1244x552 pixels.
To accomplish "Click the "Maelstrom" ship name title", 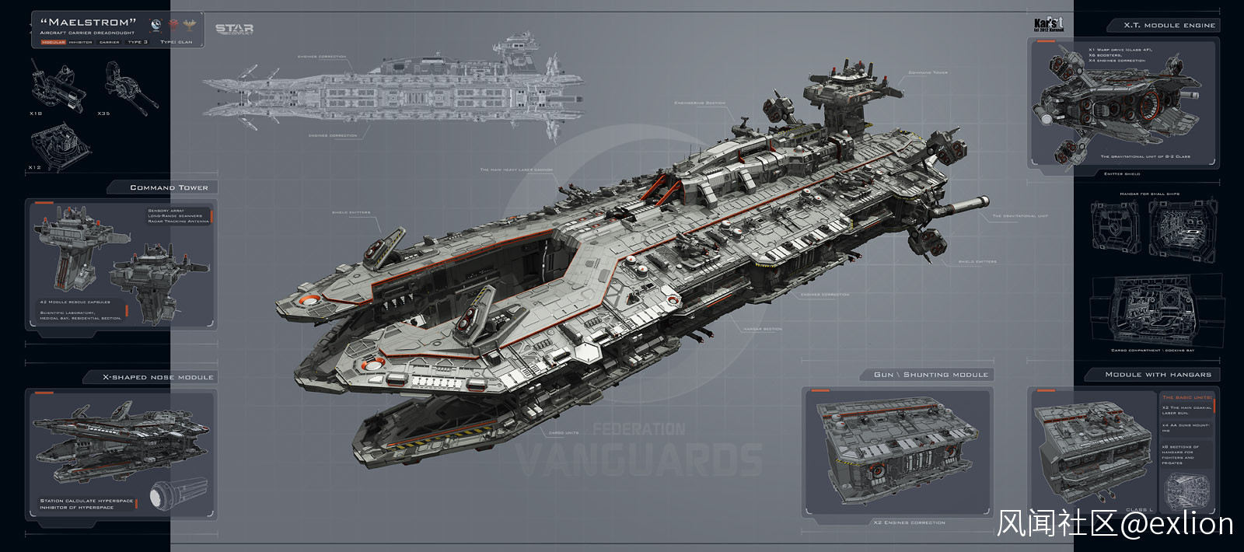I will [88, 23].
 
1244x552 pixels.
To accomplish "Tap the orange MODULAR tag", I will [54, 42].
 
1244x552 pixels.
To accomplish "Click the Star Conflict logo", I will [234, 30].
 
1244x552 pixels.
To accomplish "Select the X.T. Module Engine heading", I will [1169, 26].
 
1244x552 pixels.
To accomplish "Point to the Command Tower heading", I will [169, 187].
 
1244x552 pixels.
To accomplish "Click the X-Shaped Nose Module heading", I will [158, 377].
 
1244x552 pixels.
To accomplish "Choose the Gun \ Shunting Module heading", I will [931, 375].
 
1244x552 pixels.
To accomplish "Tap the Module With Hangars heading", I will [1158, 375].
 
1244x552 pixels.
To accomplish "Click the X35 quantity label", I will [103, 114].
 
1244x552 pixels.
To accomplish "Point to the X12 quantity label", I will [35, 167].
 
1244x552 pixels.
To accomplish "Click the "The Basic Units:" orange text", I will [1186, 397].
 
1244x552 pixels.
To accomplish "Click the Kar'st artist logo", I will [1048, 25].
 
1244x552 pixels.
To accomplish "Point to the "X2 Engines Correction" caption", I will [909, 522].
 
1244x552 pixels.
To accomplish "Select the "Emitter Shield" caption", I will [1122, 173].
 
